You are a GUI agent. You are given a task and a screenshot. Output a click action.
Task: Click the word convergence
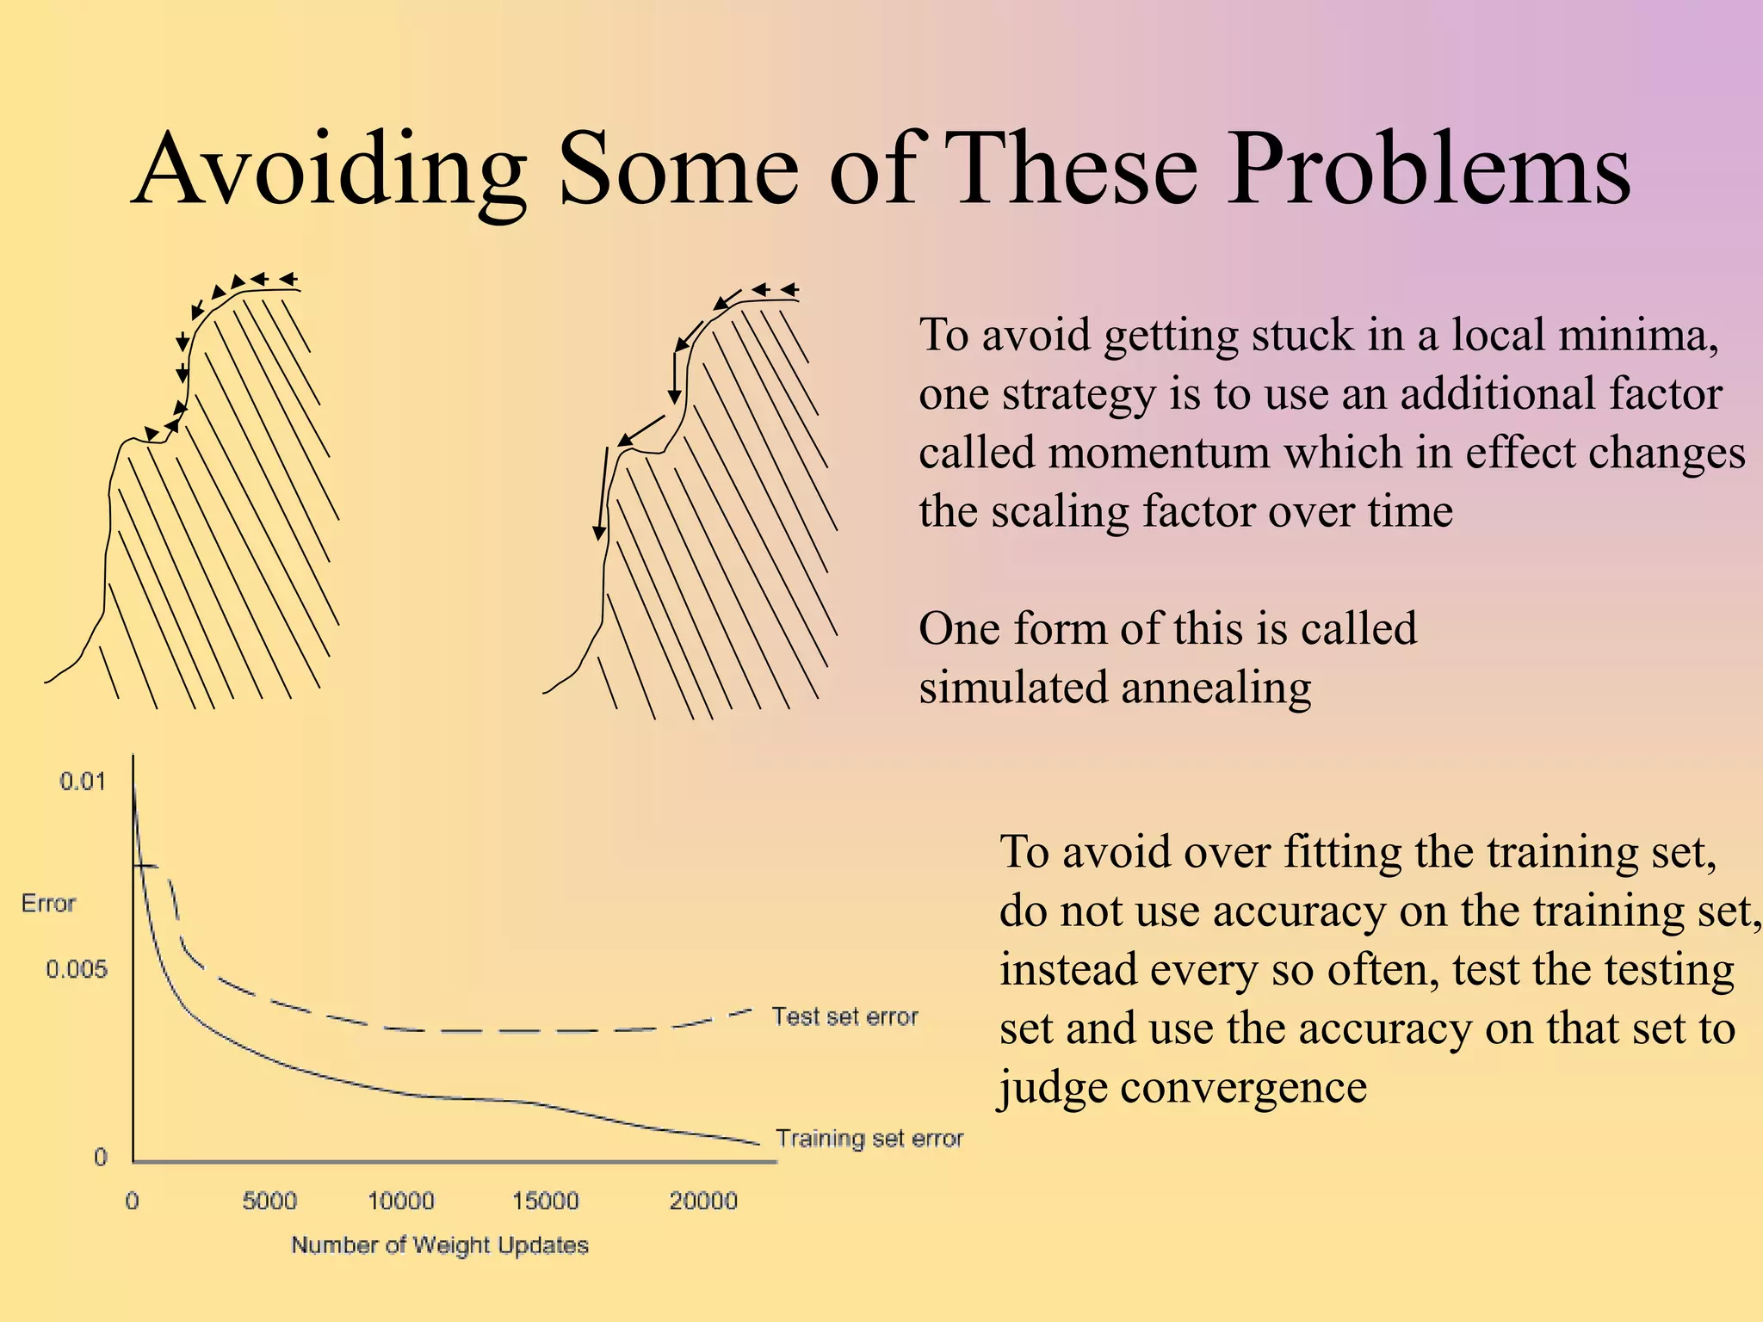[x=1243, y=1087]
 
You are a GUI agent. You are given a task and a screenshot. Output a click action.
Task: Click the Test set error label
[x=844, y=1016]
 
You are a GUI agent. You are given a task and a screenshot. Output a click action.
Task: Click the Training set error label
[x=869, y=1139]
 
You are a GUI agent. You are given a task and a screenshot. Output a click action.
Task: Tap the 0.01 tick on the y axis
[x=82, y=781]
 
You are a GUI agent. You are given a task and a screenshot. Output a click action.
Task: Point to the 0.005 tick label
[x=77, y=970]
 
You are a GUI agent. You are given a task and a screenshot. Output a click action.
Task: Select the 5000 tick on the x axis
[x=269, y=1201]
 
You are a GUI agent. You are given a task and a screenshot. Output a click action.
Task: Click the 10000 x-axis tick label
[x=401, y=1201]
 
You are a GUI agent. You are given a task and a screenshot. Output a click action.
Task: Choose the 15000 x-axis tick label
[x=545, y=1201]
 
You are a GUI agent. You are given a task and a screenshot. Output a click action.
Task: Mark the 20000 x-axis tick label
[x=703, y=1201]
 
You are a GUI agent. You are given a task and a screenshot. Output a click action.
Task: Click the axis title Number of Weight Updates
[x=440, y=1245]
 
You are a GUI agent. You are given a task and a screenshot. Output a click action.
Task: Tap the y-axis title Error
[x=48, y=904]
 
